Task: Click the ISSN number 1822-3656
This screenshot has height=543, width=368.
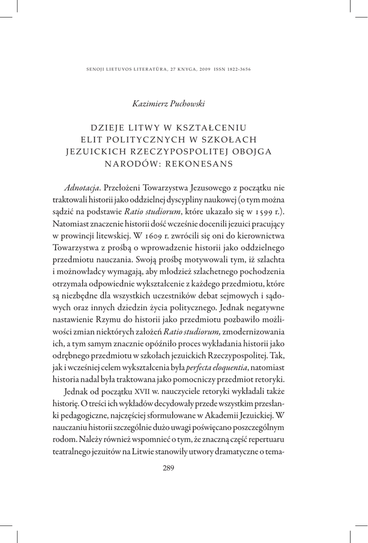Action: tap(238, 69)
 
